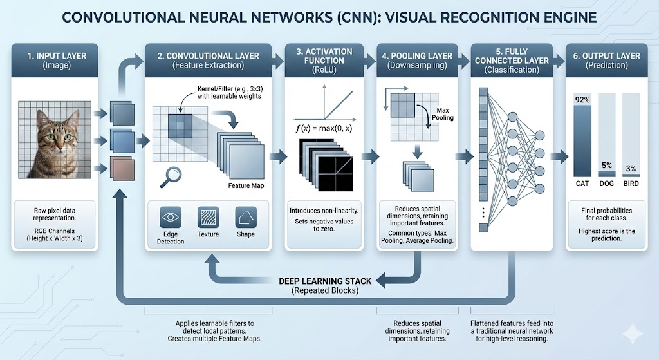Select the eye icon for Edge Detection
point(170,217)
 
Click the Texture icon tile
point(209,216)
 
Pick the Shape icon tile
point(246,216)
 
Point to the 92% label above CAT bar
point(582,99)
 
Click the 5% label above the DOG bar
point(606,166)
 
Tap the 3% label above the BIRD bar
point(631,168)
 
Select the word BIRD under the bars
point(631,184)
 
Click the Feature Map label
point(246,186)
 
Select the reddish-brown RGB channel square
point(121,167)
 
